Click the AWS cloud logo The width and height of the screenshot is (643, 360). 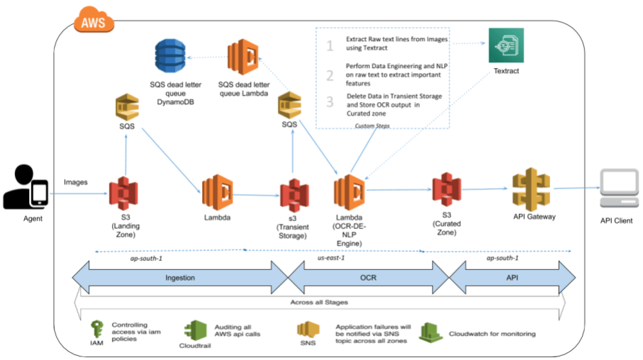click(93, 21)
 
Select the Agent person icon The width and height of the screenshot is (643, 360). click(26, 189)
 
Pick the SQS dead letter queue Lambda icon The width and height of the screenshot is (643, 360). click(242, 58)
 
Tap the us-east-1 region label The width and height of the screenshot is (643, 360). click(331, 258)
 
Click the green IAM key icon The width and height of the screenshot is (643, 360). click(96, 330)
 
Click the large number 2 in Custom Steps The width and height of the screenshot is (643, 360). click(329, 75)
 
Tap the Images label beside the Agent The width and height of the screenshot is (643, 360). click(75, 182)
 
